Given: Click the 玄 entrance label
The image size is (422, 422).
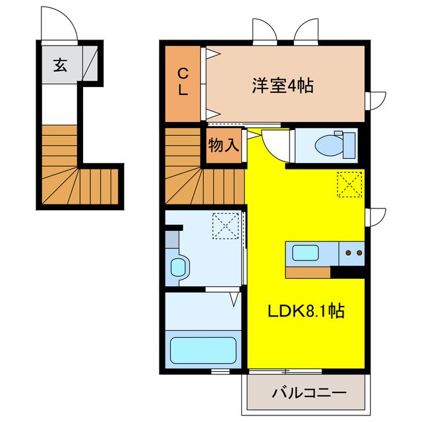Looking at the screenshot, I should [x=60, y=65].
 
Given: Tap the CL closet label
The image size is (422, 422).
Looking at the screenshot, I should [x=183, y=82].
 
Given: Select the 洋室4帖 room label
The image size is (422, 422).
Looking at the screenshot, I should [x=282, y=85].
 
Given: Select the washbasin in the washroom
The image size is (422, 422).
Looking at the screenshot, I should [x=179, y=267].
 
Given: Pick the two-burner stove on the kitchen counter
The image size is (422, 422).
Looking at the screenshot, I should [x=351, y=252].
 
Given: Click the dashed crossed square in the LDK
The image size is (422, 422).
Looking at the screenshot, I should [x=349, y=184].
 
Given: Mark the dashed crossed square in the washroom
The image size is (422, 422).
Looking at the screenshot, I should [x=226, y=227].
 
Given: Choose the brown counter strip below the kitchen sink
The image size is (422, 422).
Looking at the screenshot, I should [x=308, y=272].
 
